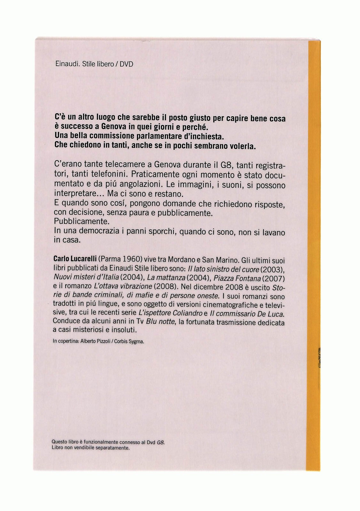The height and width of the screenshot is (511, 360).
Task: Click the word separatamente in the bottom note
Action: pos(112,448)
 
